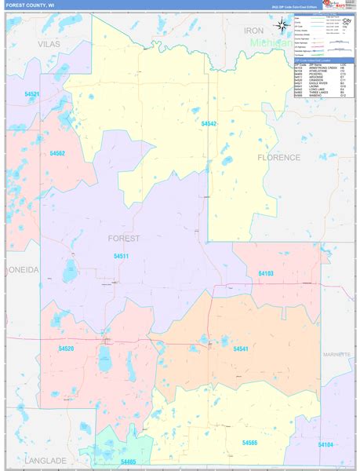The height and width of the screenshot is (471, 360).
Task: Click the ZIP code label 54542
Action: click(x=209, y=124)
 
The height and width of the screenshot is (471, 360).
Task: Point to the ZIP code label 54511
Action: click(x=121, y=256)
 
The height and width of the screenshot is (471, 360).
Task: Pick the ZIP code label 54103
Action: click(x=266, y=272)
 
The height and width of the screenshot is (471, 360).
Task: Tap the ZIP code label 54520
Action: click(x=66, y=348)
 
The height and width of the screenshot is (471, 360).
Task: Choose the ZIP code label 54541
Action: click(x=241, y=348)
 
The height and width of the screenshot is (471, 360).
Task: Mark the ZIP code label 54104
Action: click(x=325, y=444)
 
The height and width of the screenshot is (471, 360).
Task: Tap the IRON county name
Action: click(x=254, y=31)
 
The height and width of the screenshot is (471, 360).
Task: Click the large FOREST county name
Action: click(x=124, y=238)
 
